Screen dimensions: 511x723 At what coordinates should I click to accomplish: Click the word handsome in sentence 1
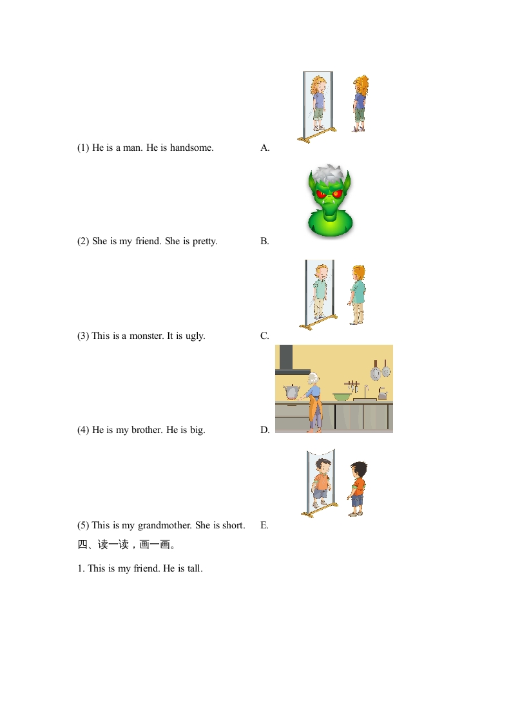coord(191,148)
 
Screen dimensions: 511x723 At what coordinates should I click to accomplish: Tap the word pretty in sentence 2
coord(205,241)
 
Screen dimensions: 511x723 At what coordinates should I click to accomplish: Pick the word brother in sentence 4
coord(147,430)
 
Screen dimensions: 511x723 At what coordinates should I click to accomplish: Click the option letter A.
coord(265,148)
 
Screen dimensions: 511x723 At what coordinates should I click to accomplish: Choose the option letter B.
coord(265,241)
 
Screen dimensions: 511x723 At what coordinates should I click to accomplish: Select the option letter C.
coord(265,336)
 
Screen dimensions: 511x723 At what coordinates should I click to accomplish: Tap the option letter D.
coord(265,430)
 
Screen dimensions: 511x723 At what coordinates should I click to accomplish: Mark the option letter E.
coord(264,525)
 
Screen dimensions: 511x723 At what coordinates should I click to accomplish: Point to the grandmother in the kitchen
coord(314,402)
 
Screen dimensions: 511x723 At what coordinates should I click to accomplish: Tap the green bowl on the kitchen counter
coord(342,396)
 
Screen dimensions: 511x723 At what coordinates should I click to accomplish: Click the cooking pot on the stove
coord(292,392)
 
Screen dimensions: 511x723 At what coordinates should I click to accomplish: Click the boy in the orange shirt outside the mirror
coord(358,488)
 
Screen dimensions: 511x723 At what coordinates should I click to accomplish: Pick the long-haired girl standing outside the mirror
coord(360,104)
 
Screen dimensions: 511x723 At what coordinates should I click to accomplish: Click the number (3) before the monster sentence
coord(83,336)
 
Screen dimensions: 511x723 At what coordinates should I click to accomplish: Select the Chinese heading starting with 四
coord(126,545)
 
